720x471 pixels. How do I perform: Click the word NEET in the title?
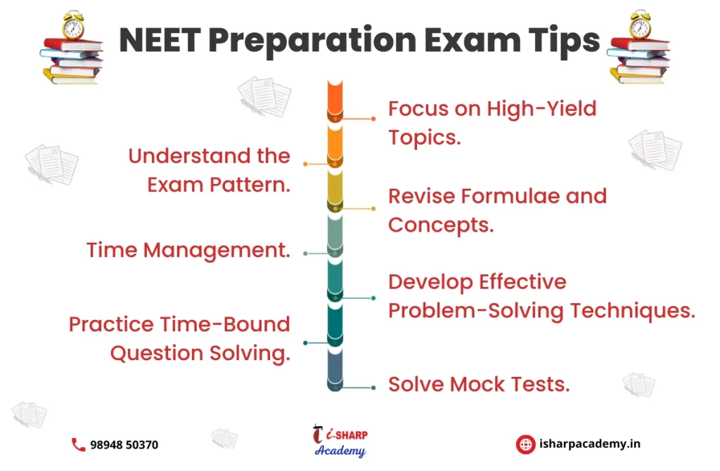click(160, 39)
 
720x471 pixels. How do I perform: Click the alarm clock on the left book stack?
click(73, 26)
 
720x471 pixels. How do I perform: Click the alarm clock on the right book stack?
click(640, 25)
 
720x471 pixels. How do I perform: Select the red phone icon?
click(79, 444)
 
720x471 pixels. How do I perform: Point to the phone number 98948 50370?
click(124, 445)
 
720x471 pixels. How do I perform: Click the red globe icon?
click(525, 444)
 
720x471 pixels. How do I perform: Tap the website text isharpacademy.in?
click(590, 444)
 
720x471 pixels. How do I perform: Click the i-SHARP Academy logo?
click(340, 441)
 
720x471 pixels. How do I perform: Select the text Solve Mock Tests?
click(479, 385)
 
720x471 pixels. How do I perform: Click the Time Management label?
click(188, 251)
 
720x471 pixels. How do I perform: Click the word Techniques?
click(632, 311)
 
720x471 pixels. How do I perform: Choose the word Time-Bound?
click(224, 324)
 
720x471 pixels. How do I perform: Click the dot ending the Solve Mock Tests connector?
click(373, 387)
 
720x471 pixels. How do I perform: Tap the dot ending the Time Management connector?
click(305, 253)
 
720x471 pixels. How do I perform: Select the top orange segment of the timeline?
click(335, 101)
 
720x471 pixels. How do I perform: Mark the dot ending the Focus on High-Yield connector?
click(373, 119)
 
